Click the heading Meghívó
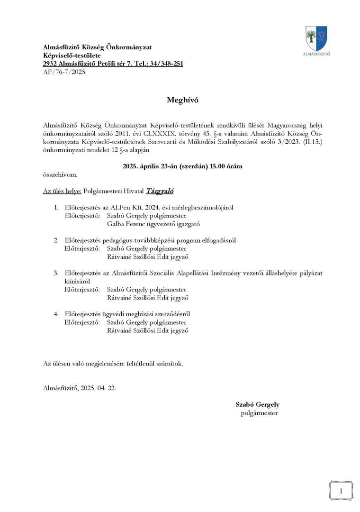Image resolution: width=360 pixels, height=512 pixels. (180, 100)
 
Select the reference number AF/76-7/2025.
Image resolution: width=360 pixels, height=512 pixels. (65, 72)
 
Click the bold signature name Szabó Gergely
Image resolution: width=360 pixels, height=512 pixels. (257, 404)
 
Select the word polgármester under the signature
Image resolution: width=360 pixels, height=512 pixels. (259, 413)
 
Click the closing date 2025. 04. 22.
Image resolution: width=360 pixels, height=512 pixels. (97, 388)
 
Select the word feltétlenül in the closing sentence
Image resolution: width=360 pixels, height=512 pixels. (140, 364)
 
